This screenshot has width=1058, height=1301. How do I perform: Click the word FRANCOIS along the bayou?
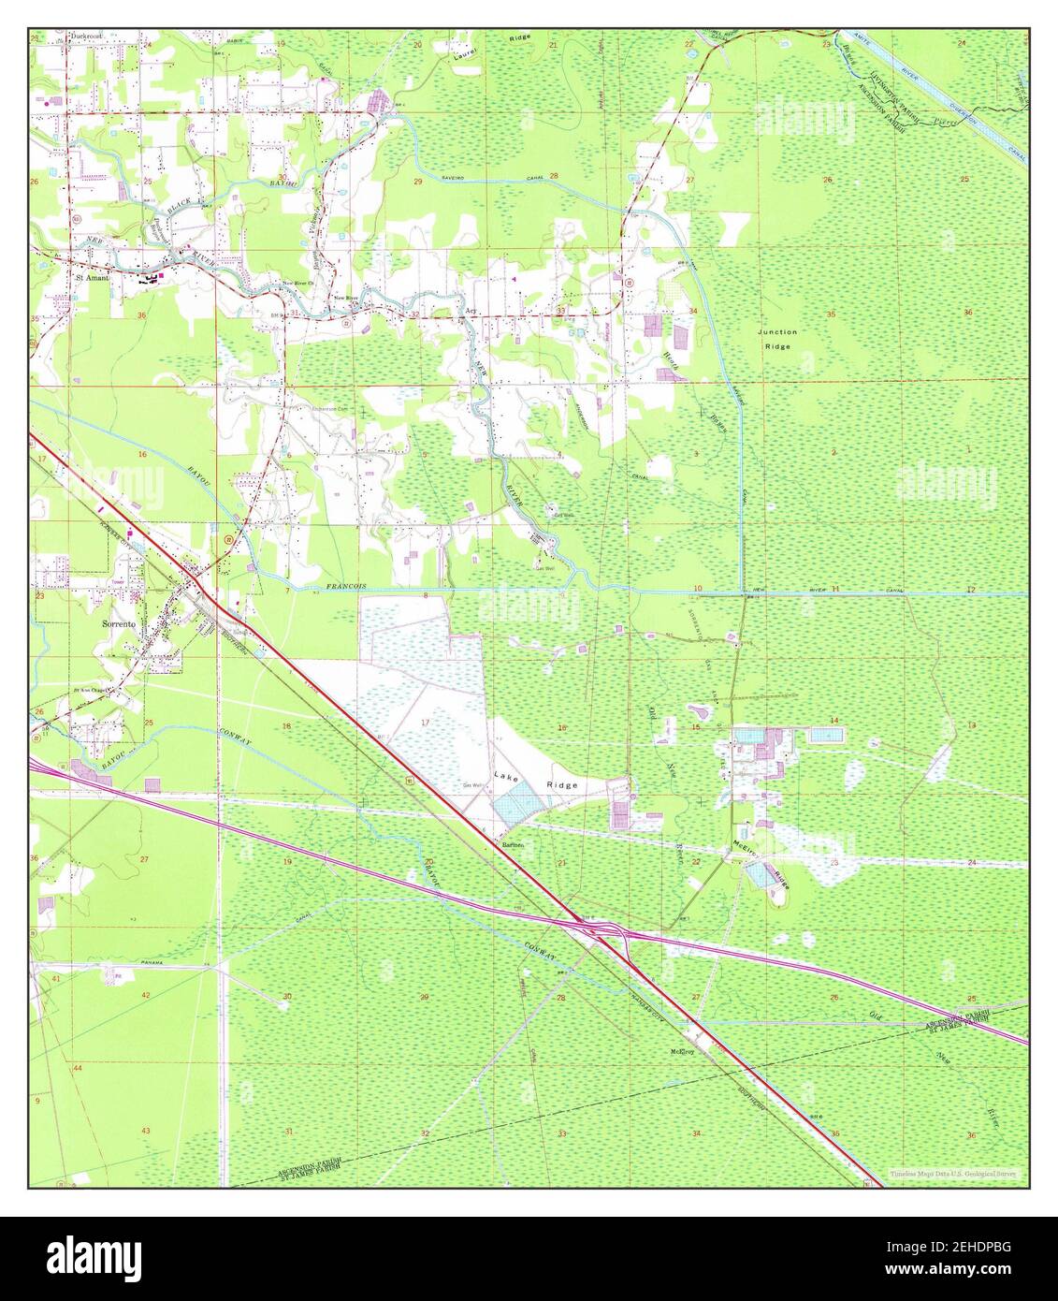pos(346,586)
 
